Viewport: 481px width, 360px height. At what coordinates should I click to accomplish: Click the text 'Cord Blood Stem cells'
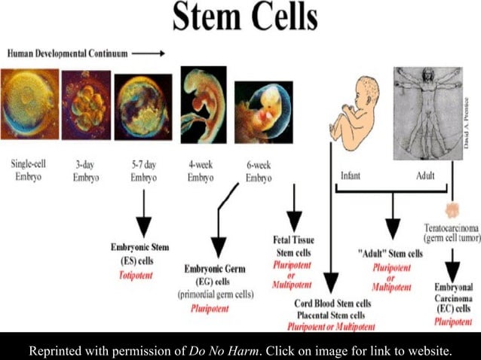pyautogui.click(x=332, y=304)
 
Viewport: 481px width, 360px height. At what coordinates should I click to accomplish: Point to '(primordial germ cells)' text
pyautogui.click(x=219, y=294)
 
